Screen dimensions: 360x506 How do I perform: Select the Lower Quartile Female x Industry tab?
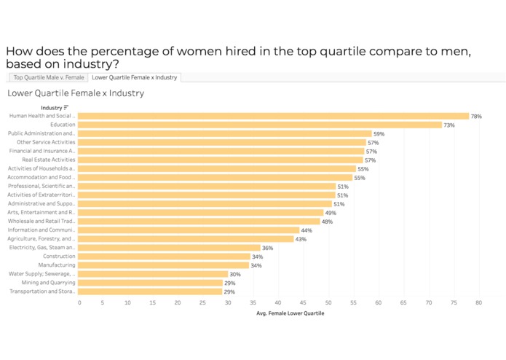135,77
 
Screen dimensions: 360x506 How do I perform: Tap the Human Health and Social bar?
273,116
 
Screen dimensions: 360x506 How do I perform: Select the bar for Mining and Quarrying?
150,283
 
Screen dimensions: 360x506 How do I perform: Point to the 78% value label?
476,117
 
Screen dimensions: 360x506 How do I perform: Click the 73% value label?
450,125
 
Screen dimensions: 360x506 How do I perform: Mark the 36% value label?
268,249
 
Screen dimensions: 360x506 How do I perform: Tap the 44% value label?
307,230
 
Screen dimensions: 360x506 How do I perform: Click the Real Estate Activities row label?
49,160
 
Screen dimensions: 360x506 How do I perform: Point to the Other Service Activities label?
46,142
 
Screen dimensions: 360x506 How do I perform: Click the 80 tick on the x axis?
479,302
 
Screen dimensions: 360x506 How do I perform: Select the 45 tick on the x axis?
304,302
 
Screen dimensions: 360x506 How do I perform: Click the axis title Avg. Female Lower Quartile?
290,313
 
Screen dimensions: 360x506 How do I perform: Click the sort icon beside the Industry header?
66,108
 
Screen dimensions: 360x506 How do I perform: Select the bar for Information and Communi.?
188,230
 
